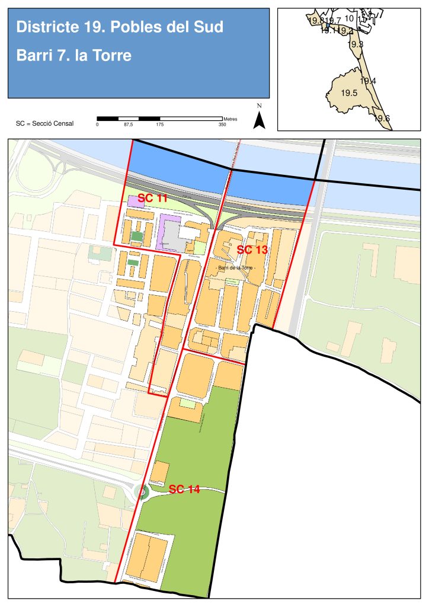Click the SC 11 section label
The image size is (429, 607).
click(153, 198)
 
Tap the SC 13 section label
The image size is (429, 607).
click(252, 250)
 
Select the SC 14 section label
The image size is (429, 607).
click(184, 489)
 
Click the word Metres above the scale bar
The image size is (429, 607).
click(230, 119)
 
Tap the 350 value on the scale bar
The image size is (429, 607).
click(222, 125)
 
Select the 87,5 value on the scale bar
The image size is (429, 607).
click(128, 125)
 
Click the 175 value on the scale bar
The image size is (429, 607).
click(159, 125)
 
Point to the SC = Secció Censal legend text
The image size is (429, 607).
click(45, 124)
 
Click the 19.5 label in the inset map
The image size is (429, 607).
click(349, 93)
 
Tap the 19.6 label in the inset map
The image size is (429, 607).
click(382, 119)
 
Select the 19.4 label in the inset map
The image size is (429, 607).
click(368, 81)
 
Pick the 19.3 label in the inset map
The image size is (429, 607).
click(356, 44)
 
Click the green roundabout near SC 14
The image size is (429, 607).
click(141, 491)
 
